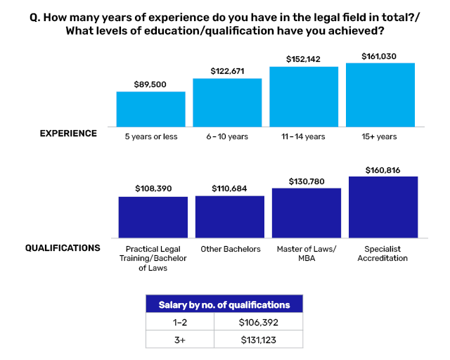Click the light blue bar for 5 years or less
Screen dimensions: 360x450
coord(150,109)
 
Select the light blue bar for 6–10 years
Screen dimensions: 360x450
coord(227,103)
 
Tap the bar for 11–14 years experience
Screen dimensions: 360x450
coord(304,97)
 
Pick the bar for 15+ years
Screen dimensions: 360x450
coord(380,95)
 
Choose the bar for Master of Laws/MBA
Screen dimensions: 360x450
coord(307,213)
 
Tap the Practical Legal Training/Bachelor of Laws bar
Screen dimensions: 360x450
coord(153,217)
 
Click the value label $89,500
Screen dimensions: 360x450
coord(150,84)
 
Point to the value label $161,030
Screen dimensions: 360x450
coord(380,56)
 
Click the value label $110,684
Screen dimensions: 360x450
coord(230,188)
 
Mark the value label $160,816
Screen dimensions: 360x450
coord(383,169)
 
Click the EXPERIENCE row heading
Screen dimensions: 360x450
coord(68,134)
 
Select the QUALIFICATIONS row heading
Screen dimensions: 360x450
coord(63,248)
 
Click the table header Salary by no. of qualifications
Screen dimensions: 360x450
coord(224,304)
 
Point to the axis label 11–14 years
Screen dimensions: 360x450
coord(304,136)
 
